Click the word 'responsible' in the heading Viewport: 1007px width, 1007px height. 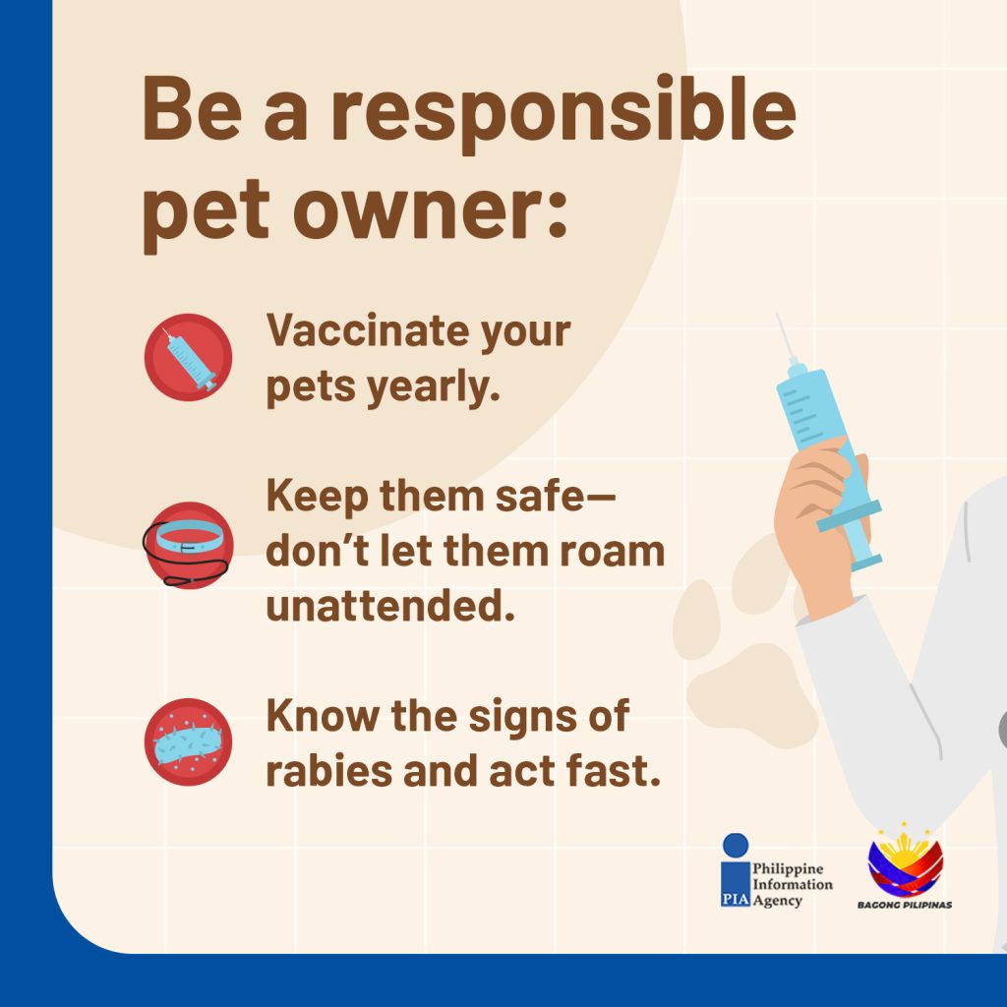tap(563, 110)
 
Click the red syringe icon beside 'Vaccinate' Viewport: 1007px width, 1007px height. tap(188, 357)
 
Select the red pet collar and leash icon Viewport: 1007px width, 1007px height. tap(187, 546)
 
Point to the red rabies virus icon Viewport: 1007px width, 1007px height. tap(188, 741)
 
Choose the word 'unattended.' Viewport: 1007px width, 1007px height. tap(390, 606)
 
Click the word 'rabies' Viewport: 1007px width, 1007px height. tap(328, 771)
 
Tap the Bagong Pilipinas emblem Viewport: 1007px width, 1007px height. tap(906, 859)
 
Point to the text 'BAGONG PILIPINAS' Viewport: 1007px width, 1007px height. tap(905, 905)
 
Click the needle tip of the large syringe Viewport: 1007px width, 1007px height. tap(777, 315)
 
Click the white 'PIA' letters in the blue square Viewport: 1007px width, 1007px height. tap(736, 899)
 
